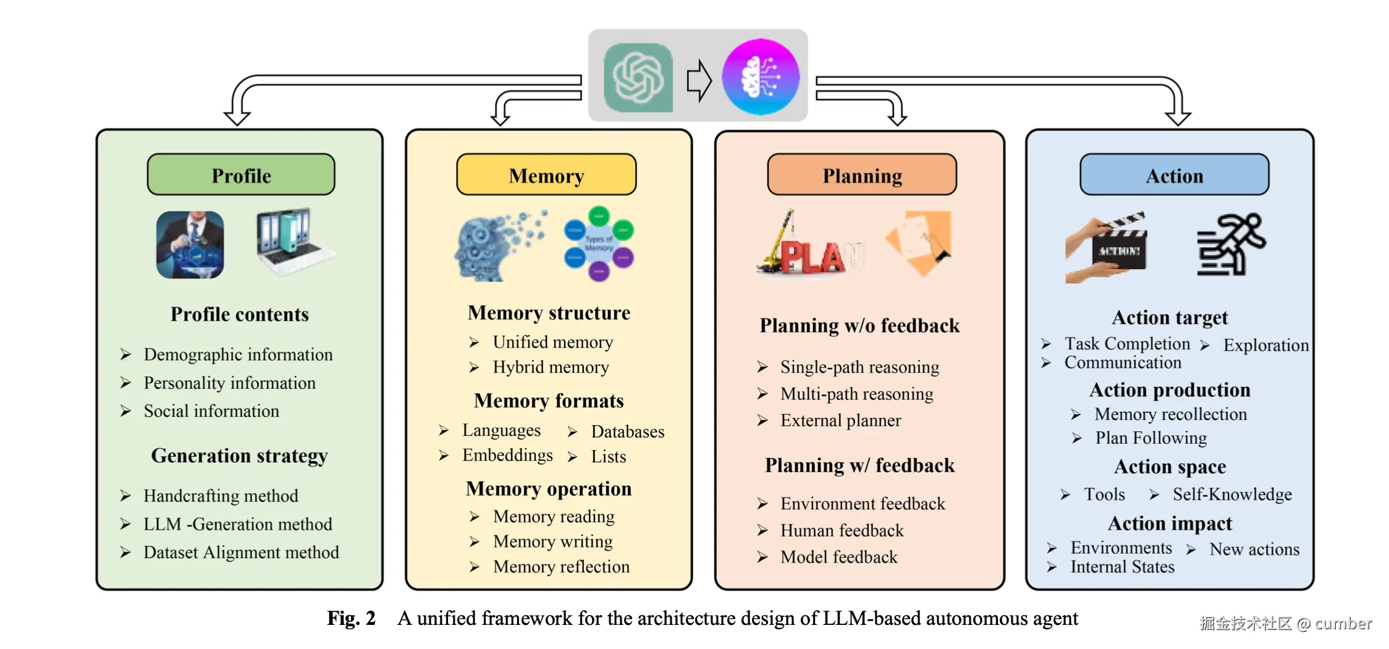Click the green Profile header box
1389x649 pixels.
coord(241,176)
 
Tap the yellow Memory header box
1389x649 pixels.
coord(546,176)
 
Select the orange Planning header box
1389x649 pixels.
coord(862,176)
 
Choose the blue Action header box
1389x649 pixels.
coord(1174,176)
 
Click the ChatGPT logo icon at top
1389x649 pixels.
coord(638,78)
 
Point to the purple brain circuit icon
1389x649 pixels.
coord(761,77)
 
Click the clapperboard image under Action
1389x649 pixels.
coord(1106,248)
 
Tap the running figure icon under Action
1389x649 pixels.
coord(1231,245)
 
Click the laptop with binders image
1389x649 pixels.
coord(293,241)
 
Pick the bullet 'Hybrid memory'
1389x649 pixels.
coord(551,367)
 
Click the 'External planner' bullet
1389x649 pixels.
coord(840,420)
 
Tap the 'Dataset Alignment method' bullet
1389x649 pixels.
coord(241,552)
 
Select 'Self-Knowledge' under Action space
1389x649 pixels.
coord(1232,494)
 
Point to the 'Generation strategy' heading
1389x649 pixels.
coord(239,456)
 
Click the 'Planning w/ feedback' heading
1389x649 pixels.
coord(859,465)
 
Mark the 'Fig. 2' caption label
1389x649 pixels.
coord(351,618)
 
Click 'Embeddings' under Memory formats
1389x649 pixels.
coord(507,456)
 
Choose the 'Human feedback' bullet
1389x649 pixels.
coord(842,530)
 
